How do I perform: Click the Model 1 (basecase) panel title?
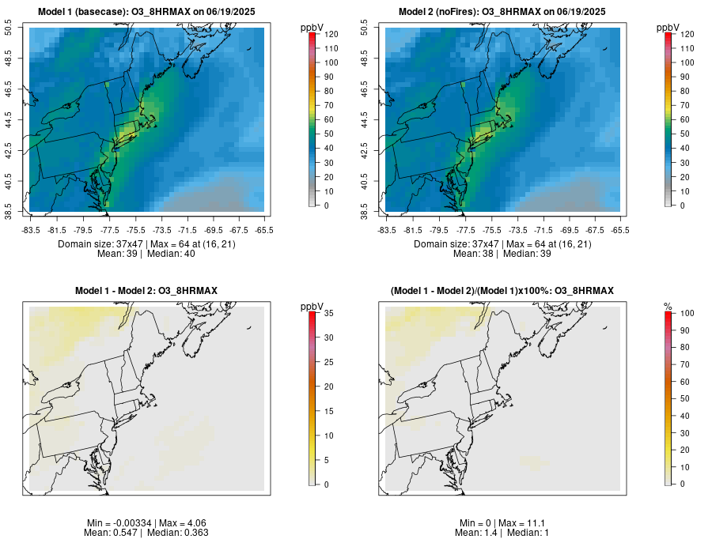(151, 11)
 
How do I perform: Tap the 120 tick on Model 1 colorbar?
(331, 35)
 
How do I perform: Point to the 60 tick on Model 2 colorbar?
(685, 119)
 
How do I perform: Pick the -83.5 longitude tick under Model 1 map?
(30, 230)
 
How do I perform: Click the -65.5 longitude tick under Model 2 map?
(621, 230)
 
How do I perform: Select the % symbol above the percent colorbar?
(668, 306)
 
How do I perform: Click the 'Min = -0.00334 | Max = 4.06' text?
(146, 523)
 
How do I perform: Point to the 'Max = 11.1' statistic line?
(503, 523)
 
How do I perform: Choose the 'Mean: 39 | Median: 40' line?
(147, 254)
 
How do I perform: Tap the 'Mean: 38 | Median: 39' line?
(502, 254)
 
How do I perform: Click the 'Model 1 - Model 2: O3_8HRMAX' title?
(146, 291)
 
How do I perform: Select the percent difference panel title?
(502, 291)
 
